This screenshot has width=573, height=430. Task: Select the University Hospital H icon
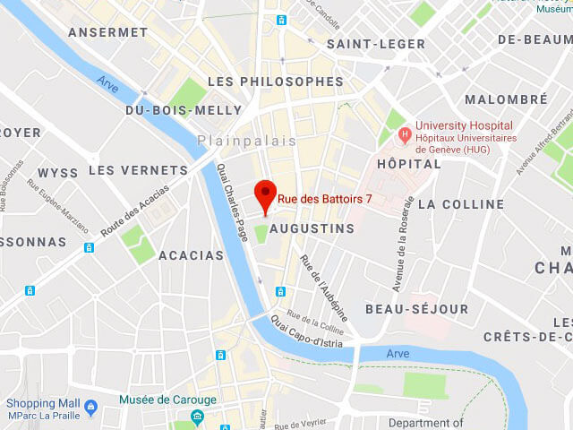(x=405, y=134)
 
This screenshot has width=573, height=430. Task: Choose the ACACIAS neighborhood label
(x=191, y=255)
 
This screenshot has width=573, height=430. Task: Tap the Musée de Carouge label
(x=167, y=400)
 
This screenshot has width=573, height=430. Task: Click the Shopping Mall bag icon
(x=90, y=408)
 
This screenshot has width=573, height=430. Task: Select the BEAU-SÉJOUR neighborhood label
(x=416, y=309)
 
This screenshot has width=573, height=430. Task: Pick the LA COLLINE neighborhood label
(x=461, y=204)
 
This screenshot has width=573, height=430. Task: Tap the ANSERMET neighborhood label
(x=108, y=32)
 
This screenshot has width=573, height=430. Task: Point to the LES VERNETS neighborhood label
(x=138, y=170)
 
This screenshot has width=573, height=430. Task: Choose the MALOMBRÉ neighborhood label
(x=505, y=99)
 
